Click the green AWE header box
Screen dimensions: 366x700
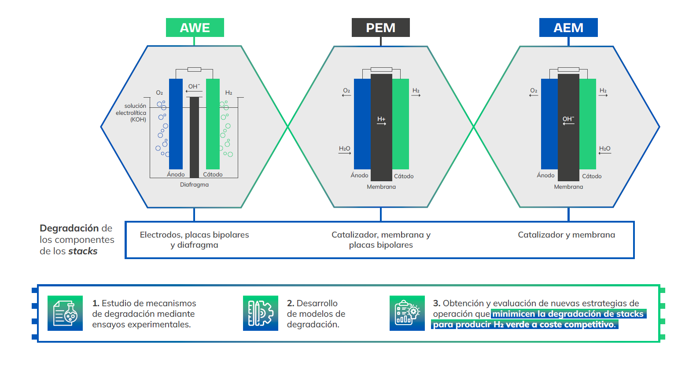point(195,28)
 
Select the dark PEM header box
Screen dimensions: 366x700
point(380,28)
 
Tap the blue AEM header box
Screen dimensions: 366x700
point(568,28)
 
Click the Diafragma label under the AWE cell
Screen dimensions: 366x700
point(194,185)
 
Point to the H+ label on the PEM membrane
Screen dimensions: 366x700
point(381,119)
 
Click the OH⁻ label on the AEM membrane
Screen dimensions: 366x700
point(568,119)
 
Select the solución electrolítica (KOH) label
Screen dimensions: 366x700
point(131,113)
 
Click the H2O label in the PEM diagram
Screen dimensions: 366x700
point(344,149)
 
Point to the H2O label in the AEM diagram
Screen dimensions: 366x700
point(604,149)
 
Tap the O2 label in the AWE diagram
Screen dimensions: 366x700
point(159,93)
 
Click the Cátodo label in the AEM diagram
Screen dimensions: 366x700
point(592,176)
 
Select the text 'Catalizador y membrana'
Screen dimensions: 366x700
point(566,235)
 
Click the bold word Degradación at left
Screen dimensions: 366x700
point(69,228)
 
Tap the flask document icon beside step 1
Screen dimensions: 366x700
point(65,313)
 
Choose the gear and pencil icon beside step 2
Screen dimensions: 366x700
point(260,313)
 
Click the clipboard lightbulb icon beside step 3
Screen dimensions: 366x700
point(407,313)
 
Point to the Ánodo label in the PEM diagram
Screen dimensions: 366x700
point(359,176)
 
